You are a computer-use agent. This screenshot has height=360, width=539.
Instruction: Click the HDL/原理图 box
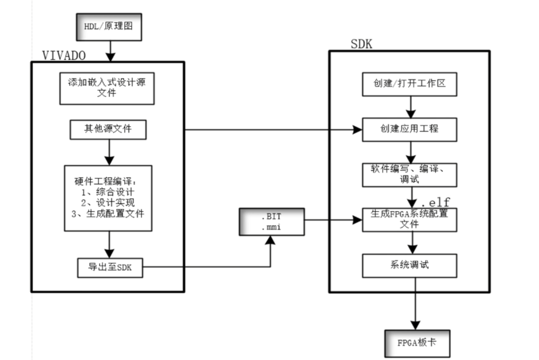(109, 27)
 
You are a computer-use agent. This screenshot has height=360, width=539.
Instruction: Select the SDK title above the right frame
(361, 44)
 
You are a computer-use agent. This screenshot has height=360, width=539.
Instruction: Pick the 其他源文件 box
(108, 129)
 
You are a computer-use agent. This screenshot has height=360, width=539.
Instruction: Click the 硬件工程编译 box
(108, 198)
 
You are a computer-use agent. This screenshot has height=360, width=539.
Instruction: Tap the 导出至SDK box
(110, 268)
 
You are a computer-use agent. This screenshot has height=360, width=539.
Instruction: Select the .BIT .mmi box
(272, 221)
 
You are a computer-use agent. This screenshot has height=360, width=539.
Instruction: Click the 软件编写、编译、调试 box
(409, 174)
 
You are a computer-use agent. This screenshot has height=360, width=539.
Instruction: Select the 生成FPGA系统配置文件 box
(409, 219)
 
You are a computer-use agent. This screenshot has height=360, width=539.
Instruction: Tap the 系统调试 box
(409, 265)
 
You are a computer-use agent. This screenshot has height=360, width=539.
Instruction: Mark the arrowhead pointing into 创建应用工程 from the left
(358, 130)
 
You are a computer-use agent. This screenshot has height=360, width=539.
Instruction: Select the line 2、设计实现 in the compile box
(109, 203)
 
